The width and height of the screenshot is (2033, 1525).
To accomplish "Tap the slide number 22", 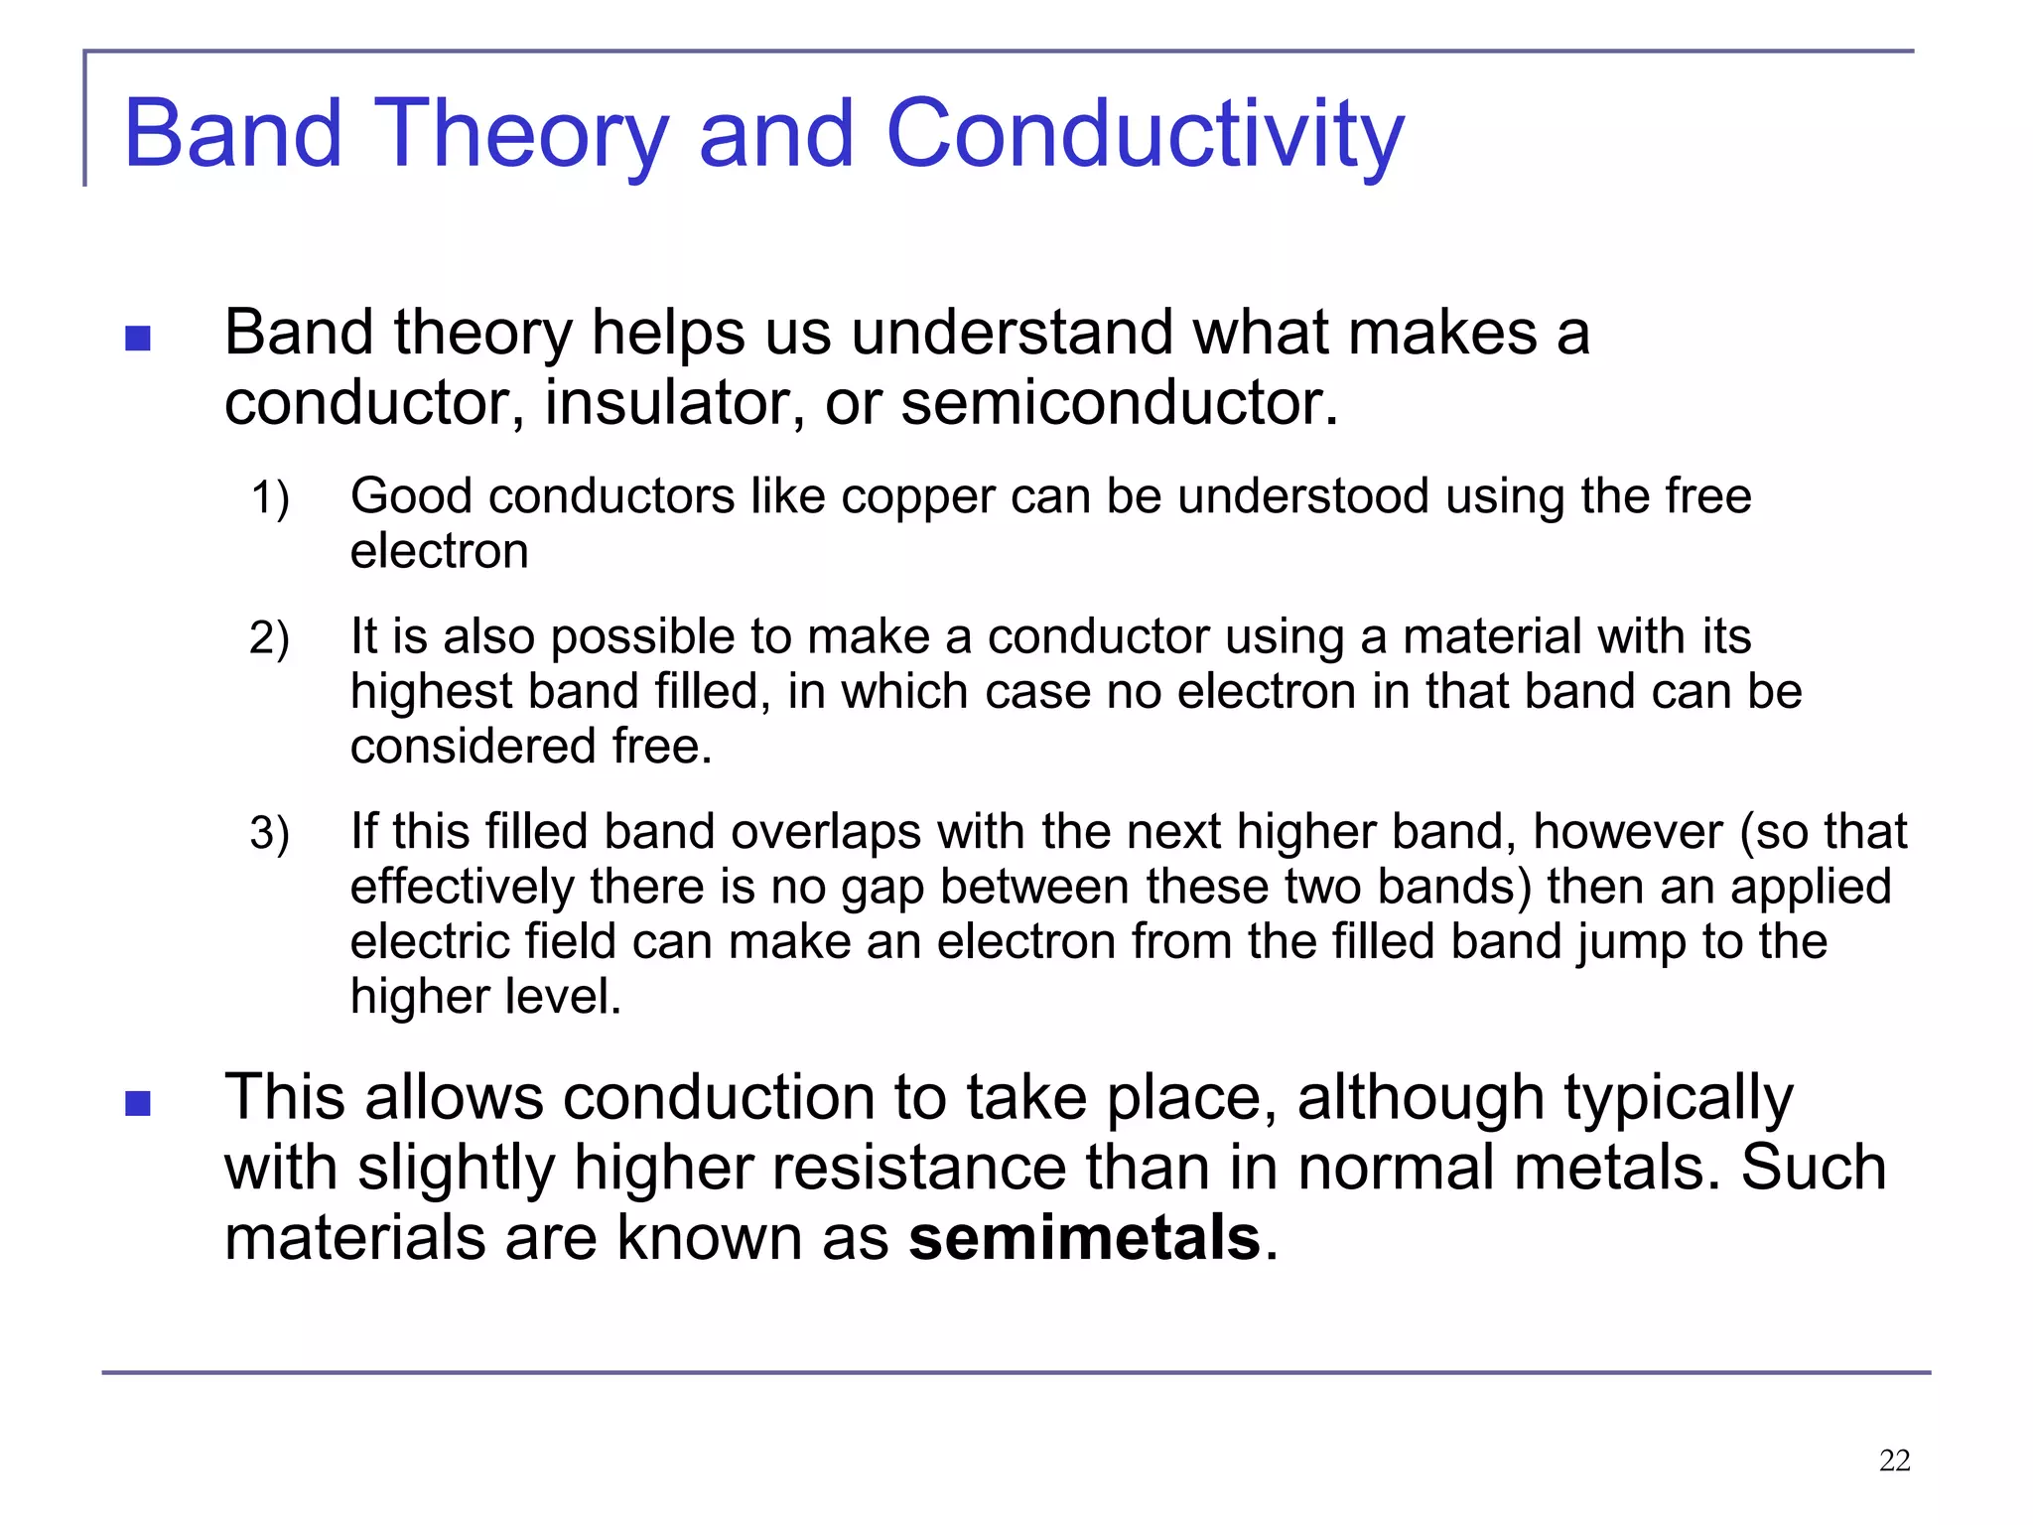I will pyautogui.click(x=1894, y=1460).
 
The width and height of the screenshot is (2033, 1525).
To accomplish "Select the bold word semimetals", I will pyautogui.click(x=1084, y=1238).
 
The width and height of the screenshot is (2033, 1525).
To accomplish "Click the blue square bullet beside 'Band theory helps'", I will pyautogui.click(x=138, y=340).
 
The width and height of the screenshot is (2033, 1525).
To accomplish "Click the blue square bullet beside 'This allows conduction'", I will pyautogui.click(x=138, y=1104).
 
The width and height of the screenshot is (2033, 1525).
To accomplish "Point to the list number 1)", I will pyautogui.click(x=269, y=497).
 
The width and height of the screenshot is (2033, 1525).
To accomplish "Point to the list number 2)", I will pyautogui.click(x=269, y=637).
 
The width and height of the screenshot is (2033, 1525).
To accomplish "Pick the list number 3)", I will pyautogui.click(x=269, y=833).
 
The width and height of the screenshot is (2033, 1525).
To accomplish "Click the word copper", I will pyautogui.click(x=917, y=497).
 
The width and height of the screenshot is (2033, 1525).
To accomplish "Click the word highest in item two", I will pyautogui.click(x=431, y=692).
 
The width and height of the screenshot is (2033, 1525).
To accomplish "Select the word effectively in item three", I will pyautogui.click(x=462, y=887).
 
